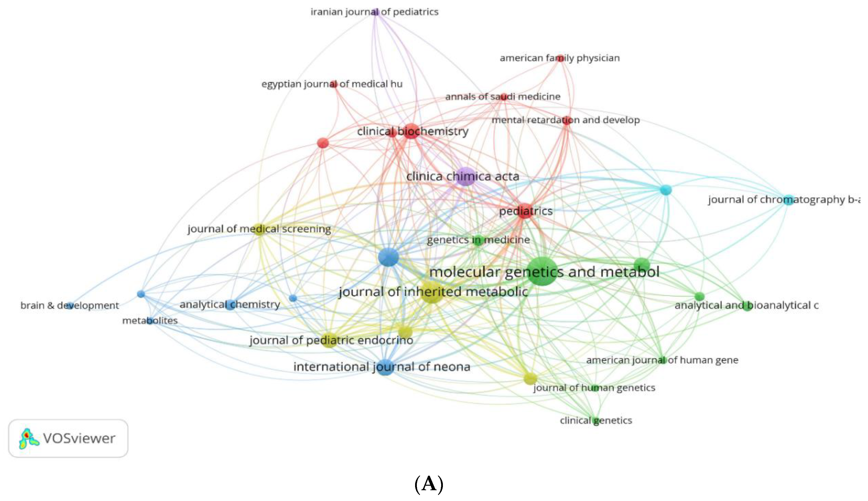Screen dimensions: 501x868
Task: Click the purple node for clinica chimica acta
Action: point(465,176)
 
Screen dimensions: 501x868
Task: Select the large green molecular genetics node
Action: point(542,271)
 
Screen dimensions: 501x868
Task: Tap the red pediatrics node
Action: point(525,211)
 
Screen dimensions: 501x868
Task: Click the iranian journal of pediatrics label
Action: point(374,12)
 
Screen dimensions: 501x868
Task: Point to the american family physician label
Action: point(560,58)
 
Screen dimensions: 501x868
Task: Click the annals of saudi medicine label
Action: point(503,97)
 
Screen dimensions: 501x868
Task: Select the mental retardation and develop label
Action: point(565,120)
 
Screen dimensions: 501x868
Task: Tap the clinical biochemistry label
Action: point(412,131)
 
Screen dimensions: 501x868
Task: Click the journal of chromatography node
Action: point(788,199)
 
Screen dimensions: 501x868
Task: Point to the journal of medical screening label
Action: point(259,229)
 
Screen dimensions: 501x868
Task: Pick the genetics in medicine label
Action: point(478,240)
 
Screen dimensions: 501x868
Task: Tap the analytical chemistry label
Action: point(229,305)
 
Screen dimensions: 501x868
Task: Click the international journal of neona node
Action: point(385,367)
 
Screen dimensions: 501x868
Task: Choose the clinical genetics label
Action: point(596,421)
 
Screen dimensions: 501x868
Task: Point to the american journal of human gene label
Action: point(662,360)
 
